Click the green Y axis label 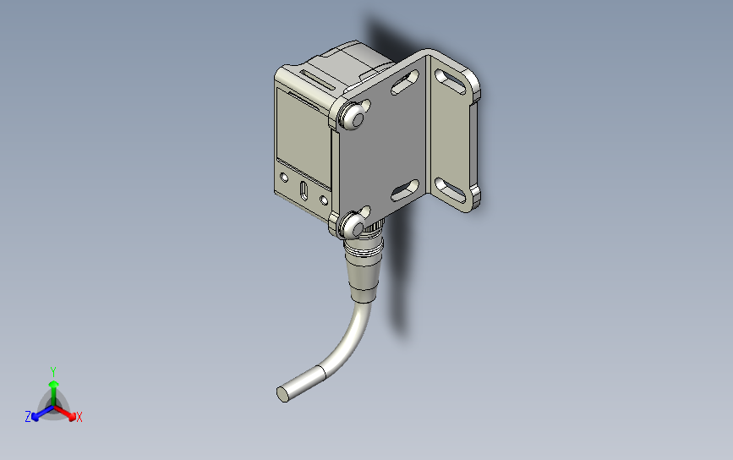point(52,371)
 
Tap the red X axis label point(79,417)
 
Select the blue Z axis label point(28,417)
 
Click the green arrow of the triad point(53,388)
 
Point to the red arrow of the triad point(70,413)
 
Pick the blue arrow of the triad point(37,414)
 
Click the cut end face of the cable point(282,393)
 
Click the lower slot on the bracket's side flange point(454,189)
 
